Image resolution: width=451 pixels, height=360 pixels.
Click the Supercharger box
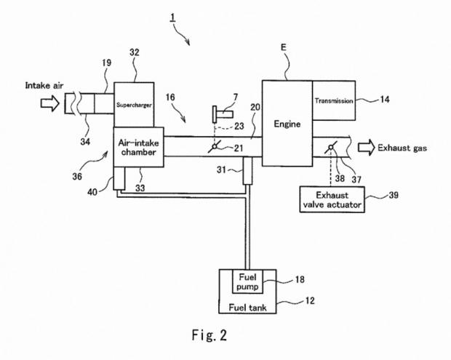132,104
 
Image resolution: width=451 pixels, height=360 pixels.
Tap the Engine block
287,124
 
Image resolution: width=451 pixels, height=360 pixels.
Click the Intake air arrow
50,104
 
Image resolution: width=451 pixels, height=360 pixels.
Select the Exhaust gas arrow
364,148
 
